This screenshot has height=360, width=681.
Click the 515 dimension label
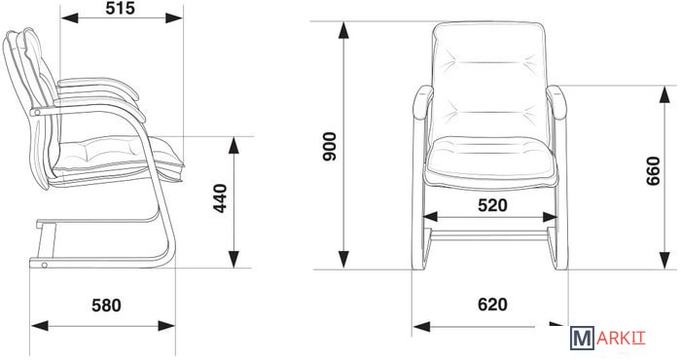121,8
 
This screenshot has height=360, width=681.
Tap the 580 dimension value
106,306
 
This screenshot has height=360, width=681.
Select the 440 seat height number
221,198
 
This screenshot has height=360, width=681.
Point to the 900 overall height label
330,147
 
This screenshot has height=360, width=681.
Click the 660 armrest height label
653,171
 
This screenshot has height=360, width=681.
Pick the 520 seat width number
492,205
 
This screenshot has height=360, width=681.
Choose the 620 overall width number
492,305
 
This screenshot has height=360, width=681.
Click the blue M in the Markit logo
582,339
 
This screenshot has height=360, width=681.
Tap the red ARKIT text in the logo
621,339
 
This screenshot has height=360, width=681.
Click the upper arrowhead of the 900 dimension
343,30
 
